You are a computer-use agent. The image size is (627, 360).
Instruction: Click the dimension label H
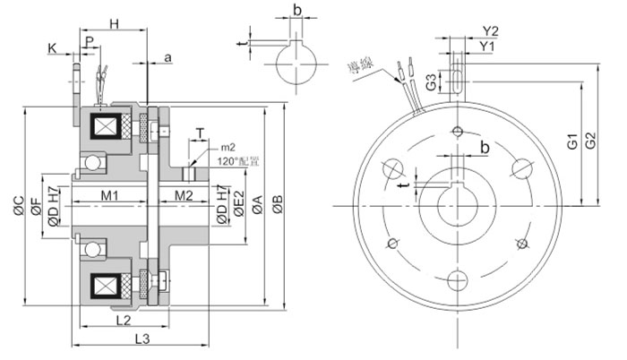click(x=114, y=21)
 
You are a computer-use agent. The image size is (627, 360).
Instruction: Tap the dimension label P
click(x=88, y=41)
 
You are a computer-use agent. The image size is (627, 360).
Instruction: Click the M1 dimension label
click(x=110, y=195)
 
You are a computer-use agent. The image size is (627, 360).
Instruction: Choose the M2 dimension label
click(x=184, y=195)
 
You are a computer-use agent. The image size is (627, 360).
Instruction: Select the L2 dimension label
click(x=124, y=319)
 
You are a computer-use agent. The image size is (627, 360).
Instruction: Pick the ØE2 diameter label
click(x=240, y=208)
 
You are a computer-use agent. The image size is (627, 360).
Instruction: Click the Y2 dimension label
click(x=489, y=30)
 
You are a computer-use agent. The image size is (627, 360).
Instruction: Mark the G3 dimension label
click(x=431, y=83)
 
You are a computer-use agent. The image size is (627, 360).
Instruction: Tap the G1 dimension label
click(x=571, y=141)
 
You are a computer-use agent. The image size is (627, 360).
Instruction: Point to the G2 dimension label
click(x=589, y=141)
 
